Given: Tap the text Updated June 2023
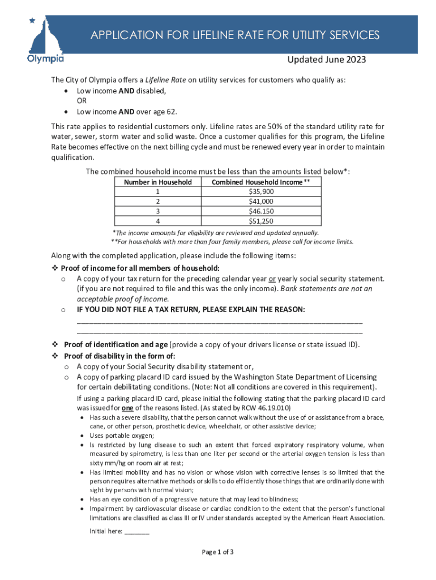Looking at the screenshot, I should coord(327,60).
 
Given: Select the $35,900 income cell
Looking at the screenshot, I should coord(260,191).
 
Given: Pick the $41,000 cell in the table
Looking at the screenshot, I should coord(260,201).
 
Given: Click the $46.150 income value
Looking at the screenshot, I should coord(260,211).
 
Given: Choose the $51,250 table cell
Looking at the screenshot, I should coord(260,221).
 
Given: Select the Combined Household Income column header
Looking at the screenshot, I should coord(260,182).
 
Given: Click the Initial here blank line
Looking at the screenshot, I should coord(136,531).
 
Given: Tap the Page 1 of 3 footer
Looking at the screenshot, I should coord(218,552).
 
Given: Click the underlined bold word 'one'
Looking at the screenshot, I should coord(128,407).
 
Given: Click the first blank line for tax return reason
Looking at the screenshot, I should coord(219,321).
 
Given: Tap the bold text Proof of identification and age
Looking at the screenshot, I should coord(116,344).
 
